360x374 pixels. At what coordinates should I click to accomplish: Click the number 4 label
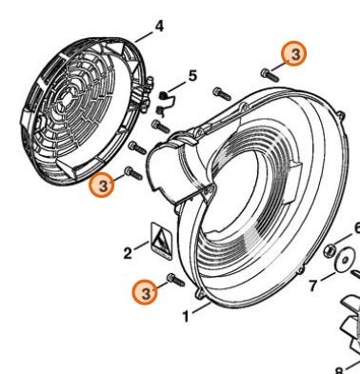pyautogui.click(x=159, y=26)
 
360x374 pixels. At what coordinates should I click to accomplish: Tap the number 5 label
pyautogui.click(x=192, y=75)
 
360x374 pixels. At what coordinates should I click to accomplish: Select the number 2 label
pyautogui.click(x=128, y=253)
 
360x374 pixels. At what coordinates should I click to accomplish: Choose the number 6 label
pyautogui.click(x=356, y=228)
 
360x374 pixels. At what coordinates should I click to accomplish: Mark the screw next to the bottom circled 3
pyautogui.click(x=172, y=279)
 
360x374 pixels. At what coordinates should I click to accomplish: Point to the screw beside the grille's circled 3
pyautogui.click(x=131, y=173)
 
